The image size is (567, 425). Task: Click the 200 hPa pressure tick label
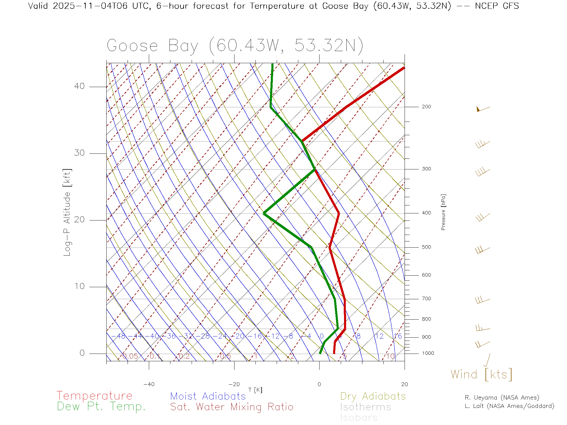(426, 107)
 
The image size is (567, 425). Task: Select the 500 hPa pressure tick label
(426, 247)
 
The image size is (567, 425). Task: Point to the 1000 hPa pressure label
(428, 353)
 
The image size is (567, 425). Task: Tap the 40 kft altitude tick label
(79, 86)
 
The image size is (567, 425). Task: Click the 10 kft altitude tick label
(79, 286)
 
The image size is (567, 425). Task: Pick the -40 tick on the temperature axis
(149, 384)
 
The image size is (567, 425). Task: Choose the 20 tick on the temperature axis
(404, 384)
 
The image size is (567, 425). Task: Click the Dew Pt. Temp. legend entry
(101, 407)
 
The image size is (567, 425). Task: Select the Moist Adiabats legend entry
(208, 396)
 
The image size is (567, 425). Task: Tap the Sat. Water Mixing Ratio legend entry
(232, 407)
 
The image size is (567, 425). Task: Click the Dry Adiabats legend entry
(373, 396)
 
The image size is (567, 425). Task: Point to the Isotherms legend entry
(365, 407)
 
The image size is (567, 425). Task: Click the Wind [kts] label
(481, 375)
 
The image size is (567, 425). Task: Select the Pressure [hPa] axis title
(443, 212)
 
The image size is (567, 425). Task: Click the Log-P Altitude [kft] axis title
(67, 212)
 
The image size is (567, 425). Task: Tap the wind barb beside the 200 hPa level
(483, 109)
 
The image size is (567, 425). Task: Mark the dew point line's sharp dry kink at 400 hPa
(264, 213)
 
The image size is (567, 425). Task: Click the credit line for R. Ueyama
(502, 398)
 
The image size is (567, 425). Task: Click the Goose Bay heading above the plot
(235, 46)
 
